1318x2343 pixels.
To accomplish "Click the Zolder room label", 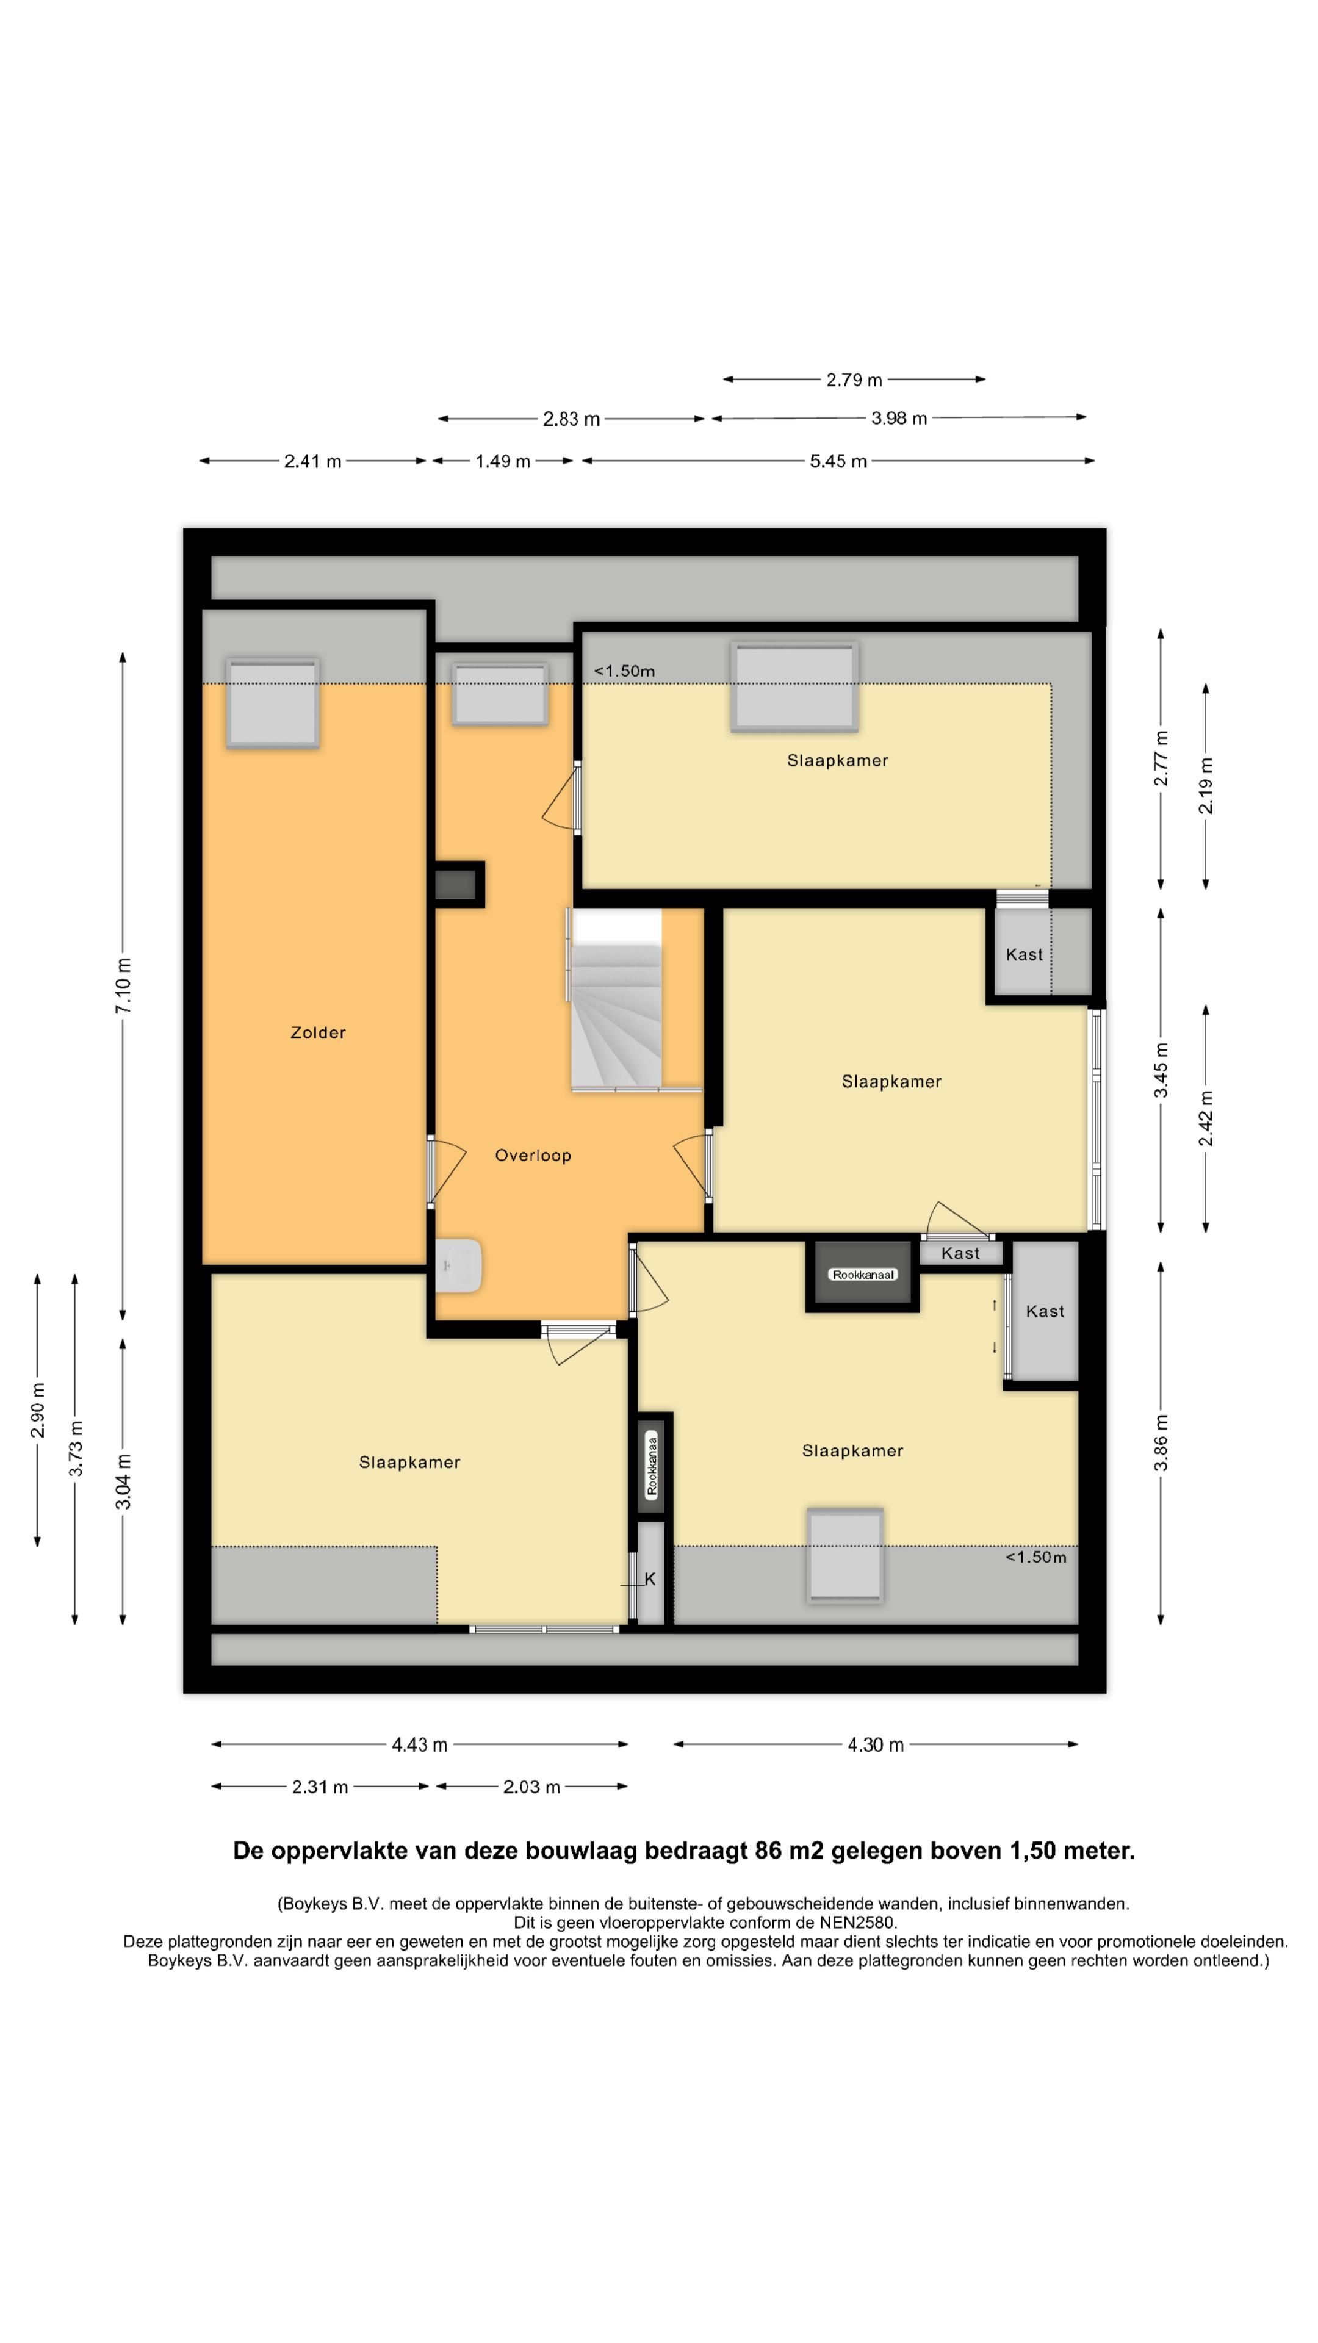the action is point(317,1032).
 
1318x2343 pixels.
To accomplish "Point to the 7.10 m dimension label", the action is point(124,985).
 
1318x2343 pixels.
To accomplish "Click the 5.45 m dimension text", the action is point(838,461).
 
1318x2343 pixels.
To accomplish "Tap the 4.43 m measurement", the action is point(419,1744).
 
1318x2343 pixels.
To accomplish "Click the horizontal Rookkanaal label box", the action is point(863,1274).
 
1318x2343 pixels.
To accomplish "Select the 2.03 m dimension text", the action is point(531,1787).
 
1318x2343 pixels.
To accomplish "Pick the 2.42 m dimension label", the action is point(1206,1119).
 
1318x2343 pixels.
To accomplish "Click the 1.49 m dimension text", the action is point(503,461).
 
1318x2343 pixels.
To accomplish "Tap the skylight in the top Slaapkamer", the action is point(794,686).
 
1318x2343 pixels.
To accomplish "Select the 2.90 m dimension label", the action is point(38,1410).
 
